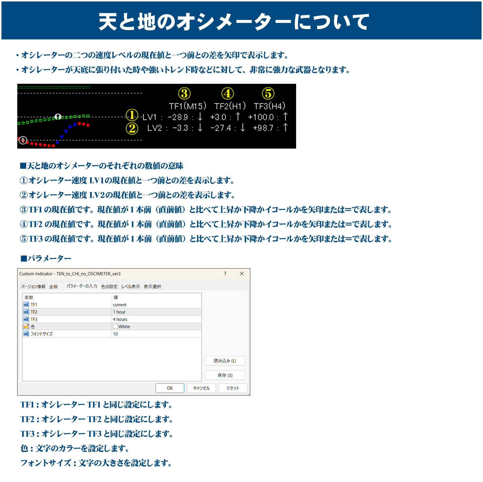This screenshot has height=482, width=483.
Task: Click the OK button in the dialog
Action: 170,388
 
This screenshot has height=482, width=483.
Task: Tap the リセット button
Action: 233,388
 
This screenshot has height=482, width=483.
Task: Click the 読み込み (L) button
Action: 225,361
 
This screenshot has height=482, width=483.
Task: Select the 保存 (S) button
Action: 225,375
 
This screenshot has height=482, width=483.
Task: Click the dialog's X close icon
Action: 242,274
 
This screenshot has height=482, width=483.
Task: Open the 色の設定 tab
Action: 109,287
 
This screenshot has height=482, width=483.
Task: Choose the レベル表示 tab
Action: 131,287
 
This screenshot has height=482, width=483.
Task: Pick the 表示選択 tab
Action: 152,287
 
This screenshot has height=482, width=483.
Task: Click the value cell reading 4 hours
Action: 120,319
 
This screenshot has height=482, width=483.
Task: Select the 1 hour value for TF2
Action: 119,312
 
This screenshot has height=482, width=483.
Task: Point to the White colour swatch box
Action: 115,327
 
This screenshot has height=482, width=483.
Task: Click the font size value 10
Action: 115,334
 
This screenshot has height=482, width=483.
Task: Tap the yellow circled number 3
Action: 184,94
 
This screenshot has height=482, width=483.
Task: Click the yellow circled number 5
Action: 268,94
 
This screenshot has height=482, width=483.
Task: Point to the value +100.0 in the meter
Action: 261,117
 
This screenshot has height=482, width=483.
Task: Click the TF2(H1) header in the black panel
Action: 230,106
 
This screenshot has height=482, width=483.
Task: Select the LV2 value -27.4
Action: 220,128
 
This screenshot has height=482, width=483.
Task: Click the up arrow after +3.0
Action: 238,117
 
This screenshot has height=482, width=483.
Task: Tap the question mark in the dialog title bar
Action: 225,274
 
